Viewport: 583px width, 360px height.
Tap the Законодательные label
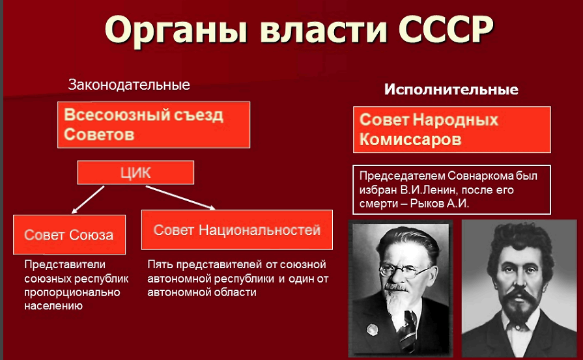129,85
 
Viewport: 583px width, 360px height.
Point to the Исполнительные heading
451,90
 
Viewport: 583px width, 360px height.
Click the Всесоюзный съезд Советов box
154,125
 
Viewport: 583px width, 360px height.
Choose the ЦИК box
135,173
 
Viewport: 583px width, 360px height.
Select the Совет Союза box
69,234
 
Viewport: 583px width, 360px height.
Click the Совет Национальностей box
237,230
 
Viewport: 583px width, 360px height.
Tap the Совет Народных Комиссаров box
452,130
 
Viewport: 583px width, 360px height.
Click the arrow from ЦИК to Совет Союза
88,200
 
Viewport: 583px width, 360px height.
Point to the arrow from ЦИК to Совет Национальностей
180,198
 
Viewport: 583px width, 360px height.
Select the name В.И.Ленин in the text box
427,190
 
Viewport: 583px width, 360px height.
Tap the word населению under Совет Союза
53,306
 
